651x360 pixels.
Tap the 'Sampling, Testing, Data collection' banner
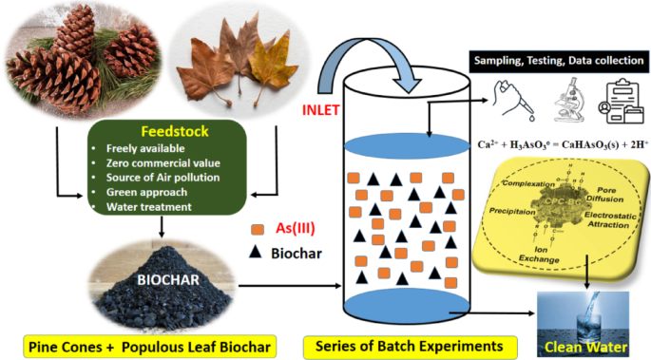tap(556, 61)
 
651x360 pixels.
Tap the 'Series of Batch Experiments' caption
tap(408, 346)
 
